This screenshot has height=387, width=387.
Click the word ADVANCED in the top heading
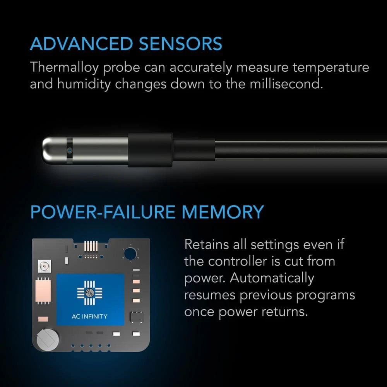point(82,44)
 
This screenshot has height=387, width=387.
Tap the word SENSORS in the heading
point(180,44)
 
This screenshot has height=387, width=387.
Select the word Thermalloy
point(64,68)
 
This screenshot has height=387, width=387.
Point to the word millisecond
point(286,84)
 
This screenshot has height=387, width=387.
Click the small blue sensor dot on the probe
point(70,150)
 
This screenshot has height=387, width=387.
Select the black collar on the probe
point(150,150)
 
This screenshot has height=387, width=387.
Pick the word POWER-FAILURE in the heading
point(103,212)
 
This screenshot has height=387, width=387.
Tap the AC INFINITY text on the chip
point(89,317)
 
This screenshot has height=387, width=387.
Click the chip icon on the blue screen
point(90,293)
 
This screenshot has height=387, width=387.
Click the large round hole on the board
point(130,253)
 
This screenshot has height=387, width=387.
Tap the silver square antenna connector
point(45,266)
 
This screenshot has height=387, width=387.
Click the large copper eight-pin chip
point(43,291)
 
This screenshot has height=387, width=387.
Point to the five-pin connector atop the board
point(91,246)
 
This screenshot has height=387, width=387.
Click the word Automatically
point(272,278)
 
